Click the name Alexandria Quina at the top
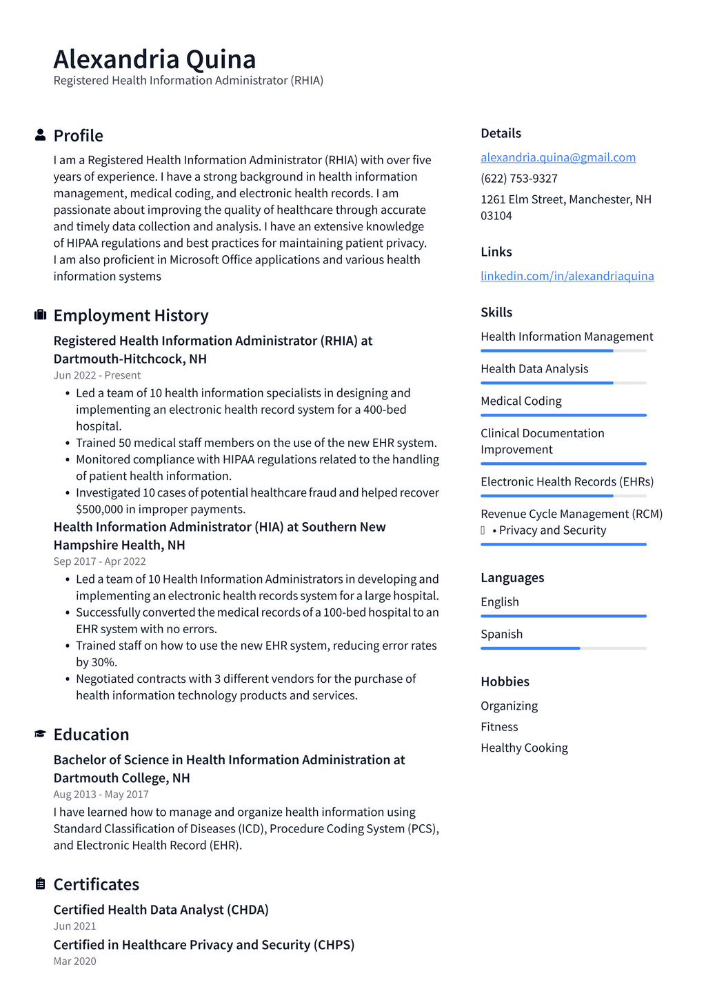coord(154,59)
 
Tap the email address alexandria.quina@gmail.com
coord(558,157)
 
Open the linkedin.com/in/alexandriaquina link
coord(567,276)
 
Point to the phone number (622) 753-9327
coord(518,178)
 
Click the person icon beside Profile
coord(40,135)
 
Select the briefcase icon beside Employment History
coord(40,315)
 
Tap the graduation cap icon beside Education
coord(40,734)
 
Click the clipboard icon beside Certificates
coord(40,884)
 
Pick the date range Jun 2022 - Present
coord(97,375)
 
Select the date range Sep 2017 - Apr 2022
coord(99,561)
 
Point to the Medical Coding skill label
coord(521,401)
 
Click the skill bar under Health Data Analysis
coord(563,383)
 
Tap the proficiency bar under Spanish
coord(563,648)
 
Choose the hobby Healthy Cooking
coord(524,748)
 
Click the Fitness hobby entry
coord(499,727)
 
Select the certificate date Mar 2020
coord(74,961)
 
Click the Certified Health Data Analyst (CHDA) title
coord(161,910)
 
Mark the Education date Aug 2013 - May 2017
coord(101,794)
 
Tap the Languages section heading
coord(512,577)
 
